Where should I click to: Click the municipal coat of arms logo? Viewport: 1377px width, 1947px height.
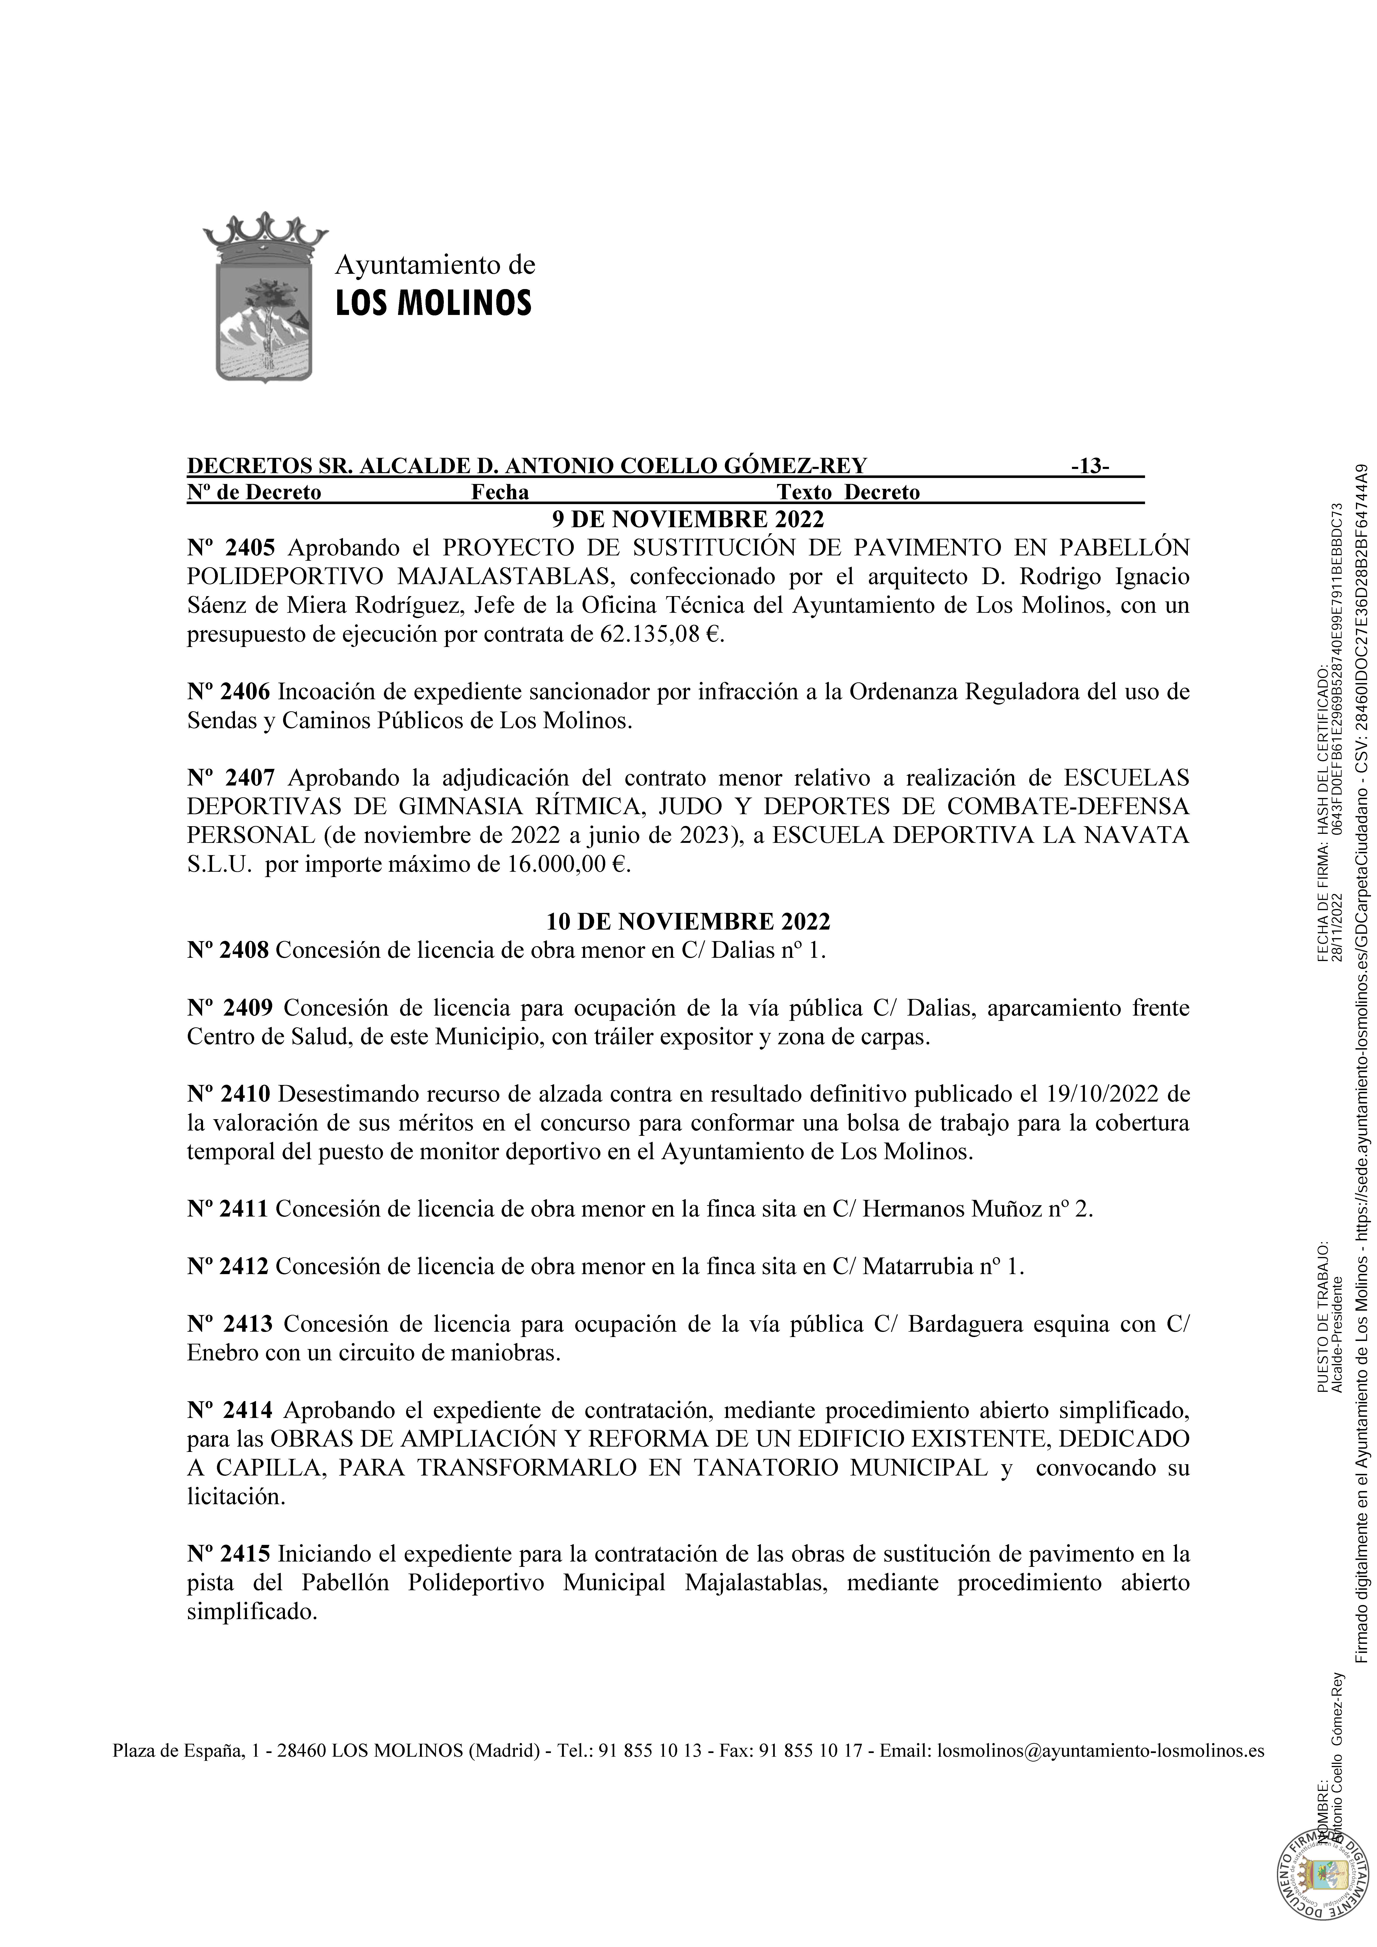pos(265,297)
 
